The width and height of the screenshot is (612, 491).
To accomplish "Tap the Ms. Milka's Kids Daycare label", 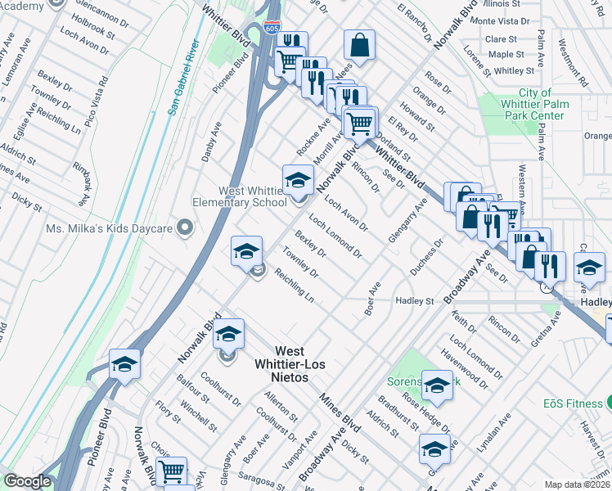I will pyautogui.click(x=111, y=227).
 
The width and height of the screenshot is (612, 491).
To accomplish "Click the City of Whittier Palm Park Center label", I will pyautogui.click(x=535, y=105).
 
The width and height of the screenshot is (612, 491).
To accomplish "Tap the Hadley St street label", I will pyautogui.click(x=414, y=301).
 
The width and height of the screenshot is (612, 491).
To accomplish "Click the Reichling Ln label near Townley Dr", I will pyautogui.click(x=295, y=283).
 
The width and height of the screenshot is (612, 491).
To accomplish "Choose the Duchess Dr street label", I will pyautogui.click(x=426, y=261).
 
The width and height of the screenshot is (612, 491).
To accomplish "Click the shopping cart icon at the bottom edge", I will pyautogui.click(x=171, y=472).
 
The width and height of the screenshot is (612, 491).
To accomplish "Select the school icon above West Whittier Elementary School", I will pyautogui.click(x=298, y=180).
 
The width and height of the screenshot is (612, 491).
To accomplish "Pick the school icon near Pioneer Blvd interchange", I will pyautogui.click(x=124, y=365).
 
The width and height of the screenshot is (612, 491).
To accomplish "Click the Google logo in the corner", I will pyautogui.click(x=27, y=482).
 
